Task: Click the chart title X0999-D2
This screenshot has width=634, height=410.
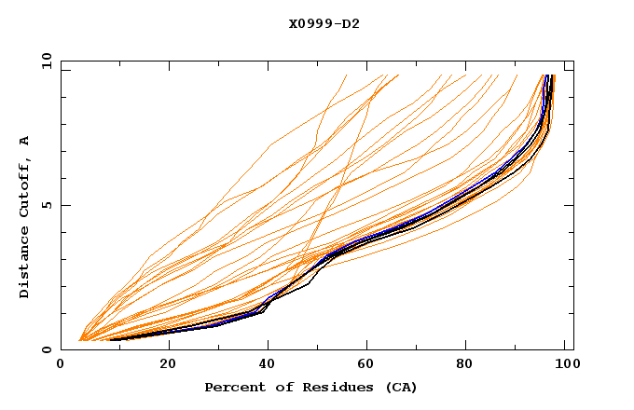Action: click(x=324, y=23)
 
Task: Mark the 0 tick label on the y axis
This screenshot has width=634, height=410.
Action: click(x=47, y=349)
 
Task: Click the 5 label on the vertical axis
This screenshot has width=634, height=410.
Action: click(x=47, y=205)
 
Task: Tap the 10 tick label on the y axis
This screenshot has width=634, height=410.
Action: click(x=44, y=61)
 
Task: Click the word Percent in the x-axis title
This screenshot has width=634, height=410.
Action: click(x=233, y=387)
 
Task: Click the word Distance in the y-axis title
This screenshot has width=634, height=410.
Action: click(x=24, y=262)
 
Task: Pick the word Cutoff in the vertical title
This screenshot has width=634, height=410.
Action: click(x=24, y=187)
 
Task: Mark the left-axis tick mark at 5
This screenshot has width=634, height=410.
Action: click(x=64, y=205)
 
